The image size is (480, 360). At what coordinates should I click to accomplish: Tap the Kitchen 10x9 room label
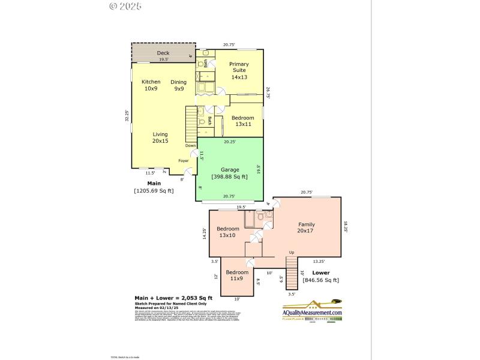pyautogui.click(x=151, y=85)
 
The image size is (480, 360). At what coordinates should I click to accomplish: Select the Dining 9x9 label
pyautogui.click(x=178, y=85)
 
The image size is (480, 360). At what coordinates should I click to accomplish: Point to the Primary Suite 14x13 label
pyautogui.click(x=239, y=70)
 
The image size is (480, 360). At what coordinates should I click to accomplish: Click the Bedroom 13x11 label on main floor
pyautogui.click(x=244, y=121)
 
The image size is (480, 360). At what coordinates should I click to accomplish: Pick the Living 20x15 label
pyautogui.click(x=160, y=137)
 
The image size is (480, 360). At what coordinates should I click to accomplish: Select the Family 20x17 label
pyautogui.click(x=305, y=227)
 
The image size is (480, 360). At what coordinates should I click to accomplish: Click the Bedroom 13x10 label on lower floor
pyautogui.click(x=228, y=232)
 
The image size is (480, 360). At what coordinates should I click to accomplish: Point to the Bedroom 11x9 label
pyautogui.click(x=237, y=275)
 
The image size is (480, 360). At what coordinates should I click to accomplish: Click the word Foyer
pyautogui.click(x=183, y=161)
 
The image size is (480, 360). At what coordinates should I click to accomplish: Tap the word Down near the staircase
pyautogui.click(x=190, y=146)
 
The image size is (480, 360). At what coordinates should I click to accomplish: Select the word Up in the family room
pyautogui.click(x=292, y=252)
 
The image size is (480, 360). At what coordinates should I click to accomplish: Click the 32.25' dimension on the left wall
pyautogui.click(x=127, y=116)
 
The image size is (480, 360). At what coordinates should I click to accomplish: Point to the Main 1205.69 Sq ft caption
pyautogui.click(x=154, y=187)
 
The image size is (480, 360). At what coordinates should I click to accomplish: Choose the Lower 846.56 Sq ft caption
pyautogui.click(x=321, y=275)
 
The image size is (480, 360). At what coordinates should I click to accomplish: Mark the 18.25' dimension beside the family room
pyautogui.click(x=346, y=226)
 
